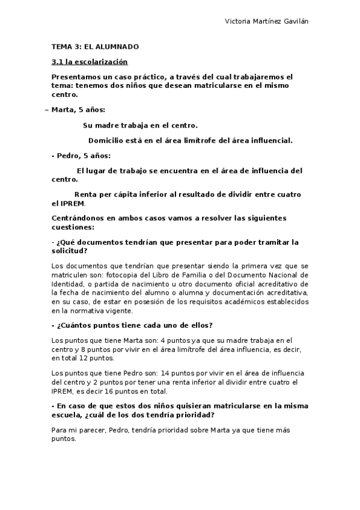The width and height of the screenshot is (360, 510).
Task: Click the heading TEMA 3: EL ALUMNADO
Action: (x=95, y=46)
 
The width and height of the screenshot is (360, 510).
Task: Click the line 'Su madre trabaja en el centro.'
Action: (x=140, y=125)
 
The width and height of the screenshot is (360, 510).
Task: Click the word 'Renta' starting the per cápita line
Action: (x=85, y=194)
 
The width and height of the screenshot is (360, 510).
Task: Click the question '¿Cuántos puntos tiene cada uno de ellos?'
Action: (x=132, y=325)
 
